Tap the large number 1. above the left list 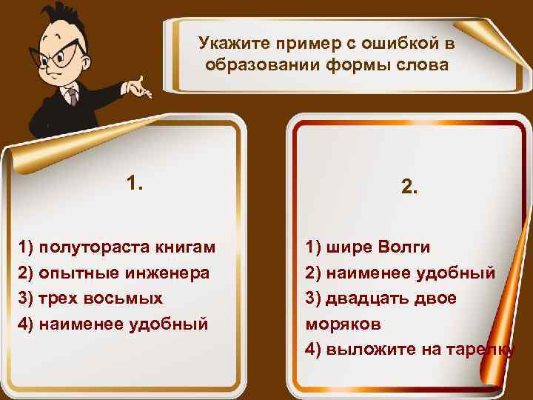(135, 183)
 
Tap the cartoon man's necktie (72, 97)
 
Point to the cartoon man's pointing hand (136, 87)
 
